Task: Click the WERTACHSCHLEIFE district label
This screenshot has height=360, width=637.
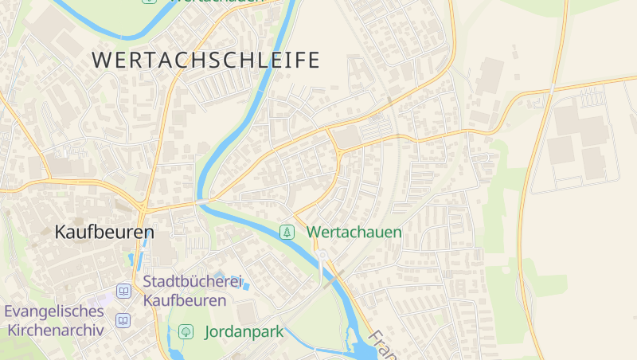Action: (x=205, y=60)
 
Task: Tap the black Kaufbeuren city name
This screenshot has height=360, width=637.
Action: (x=104, y=233)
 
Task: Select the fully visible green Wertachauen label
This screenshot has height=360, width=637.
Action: (x=354, y=233)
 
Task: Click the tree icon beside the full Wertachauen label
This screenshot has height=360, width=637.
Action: (x=287, y=233)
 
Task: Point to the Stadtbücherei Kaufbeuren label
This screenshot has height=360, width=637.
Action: (x=185, y=291)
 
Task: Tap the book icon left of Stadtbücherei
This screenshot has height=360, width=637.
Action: (x=123, y=291)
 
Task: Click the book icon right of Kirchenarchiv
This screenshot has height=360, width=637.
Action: (x=123, y=320)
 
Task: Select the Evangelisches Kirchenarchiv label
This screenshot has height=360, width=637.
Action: (x=54, y=320)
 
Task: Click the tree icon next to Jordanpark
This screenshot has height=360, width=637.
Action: (x=186, y=331)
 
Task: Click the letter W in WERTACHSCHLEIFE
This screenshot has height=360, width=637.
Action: (x=101, y=60)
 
